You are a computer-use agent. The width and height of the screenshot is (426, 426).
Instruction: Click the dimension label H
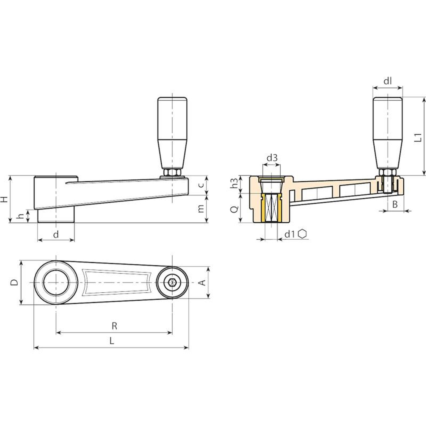[x=4, y=199]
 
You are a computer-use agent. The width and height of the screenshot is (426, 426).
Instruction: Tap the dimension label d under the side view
[x=56, y=235]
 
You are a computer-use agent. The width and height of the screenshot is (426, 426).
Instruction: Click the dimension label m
[x=201, y=209]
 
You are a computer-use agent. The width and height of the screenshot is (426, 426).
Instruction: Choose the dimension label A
[x=203, y=282]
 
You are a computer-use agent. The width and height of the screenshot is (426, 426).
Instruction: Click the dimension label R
[x=114, y=326]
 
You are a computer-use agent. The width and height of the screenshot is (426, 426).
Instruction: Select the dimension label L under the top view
[x=112, y=341]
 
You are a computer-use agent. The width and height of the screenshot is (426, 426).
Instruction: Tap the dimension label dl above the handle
[x=388, y=81]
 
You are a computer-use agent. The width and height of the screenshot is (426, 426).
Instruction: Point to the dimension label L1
[x=419, y=137]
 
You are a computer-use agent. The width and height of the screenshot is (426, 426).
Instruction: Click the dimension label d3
[x=272, y=158]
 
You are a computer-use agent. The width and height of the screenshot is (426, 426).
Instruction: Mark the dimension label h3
[x=234, y=183]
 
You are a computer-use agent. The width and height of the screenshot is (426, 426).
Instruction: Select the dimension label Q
[x=234, y=210]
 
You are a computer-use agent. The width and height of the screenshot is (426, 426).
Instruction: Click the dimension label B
[x=395, y=204]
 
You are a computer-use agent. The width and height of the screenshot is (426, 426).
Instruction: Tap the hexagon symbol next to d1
[x=302, y=234]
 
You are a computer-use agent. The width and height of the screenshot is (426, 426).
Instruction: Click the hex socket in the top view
[x=172, y=282]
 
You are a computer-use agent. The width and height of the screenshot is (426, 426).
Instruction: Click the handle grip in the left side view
[x=172, y=133]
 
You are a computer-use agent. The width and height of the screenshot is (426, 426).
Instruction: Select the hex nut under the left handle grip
[x=172, y=173]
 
